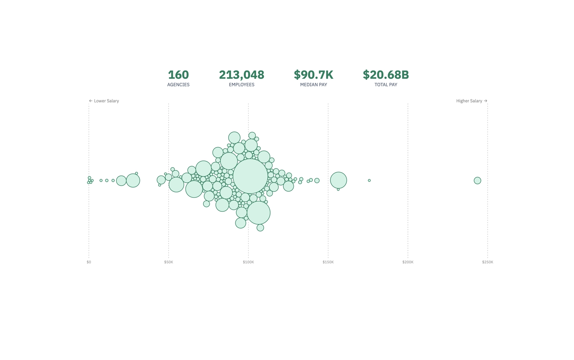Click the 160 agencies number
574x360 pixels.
pos(178,75)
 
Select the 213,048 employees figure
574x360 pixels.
pos(241,75)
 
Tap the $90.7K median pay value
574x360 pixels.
pos(313,75)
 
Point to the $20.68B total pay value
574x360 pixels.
pos(386,75)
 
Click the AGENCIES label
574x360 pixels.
pos(178,85)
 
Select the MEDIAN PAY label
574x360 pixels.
pos(313,85)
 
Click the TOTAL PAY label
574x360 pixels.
pos(386,85)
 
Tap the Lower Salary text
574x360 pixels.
pos(106,101)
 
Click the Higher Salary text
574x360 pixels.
pos(469,101)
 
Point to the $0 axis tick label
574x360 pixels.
pos(89,262)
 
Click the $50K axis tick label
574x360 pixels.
pos(169,262)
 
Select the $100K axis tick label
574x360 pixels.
pos(248,262)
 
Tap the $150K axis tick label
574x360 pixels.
pos(328,262)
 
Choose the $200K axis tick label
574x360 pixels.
pos(408,262)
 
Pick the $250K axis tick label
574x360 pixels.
pos(487,262)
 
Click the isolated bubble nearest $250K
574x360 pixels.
pos(477,181)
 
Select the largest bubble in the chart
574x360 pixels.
pos(250,176)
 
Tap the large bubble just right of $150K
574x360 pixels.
pos(338,180)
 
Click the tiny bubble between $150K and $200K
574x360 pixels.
pos(369,181)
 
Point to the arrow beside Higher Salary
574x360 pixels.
pos(485,101)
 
